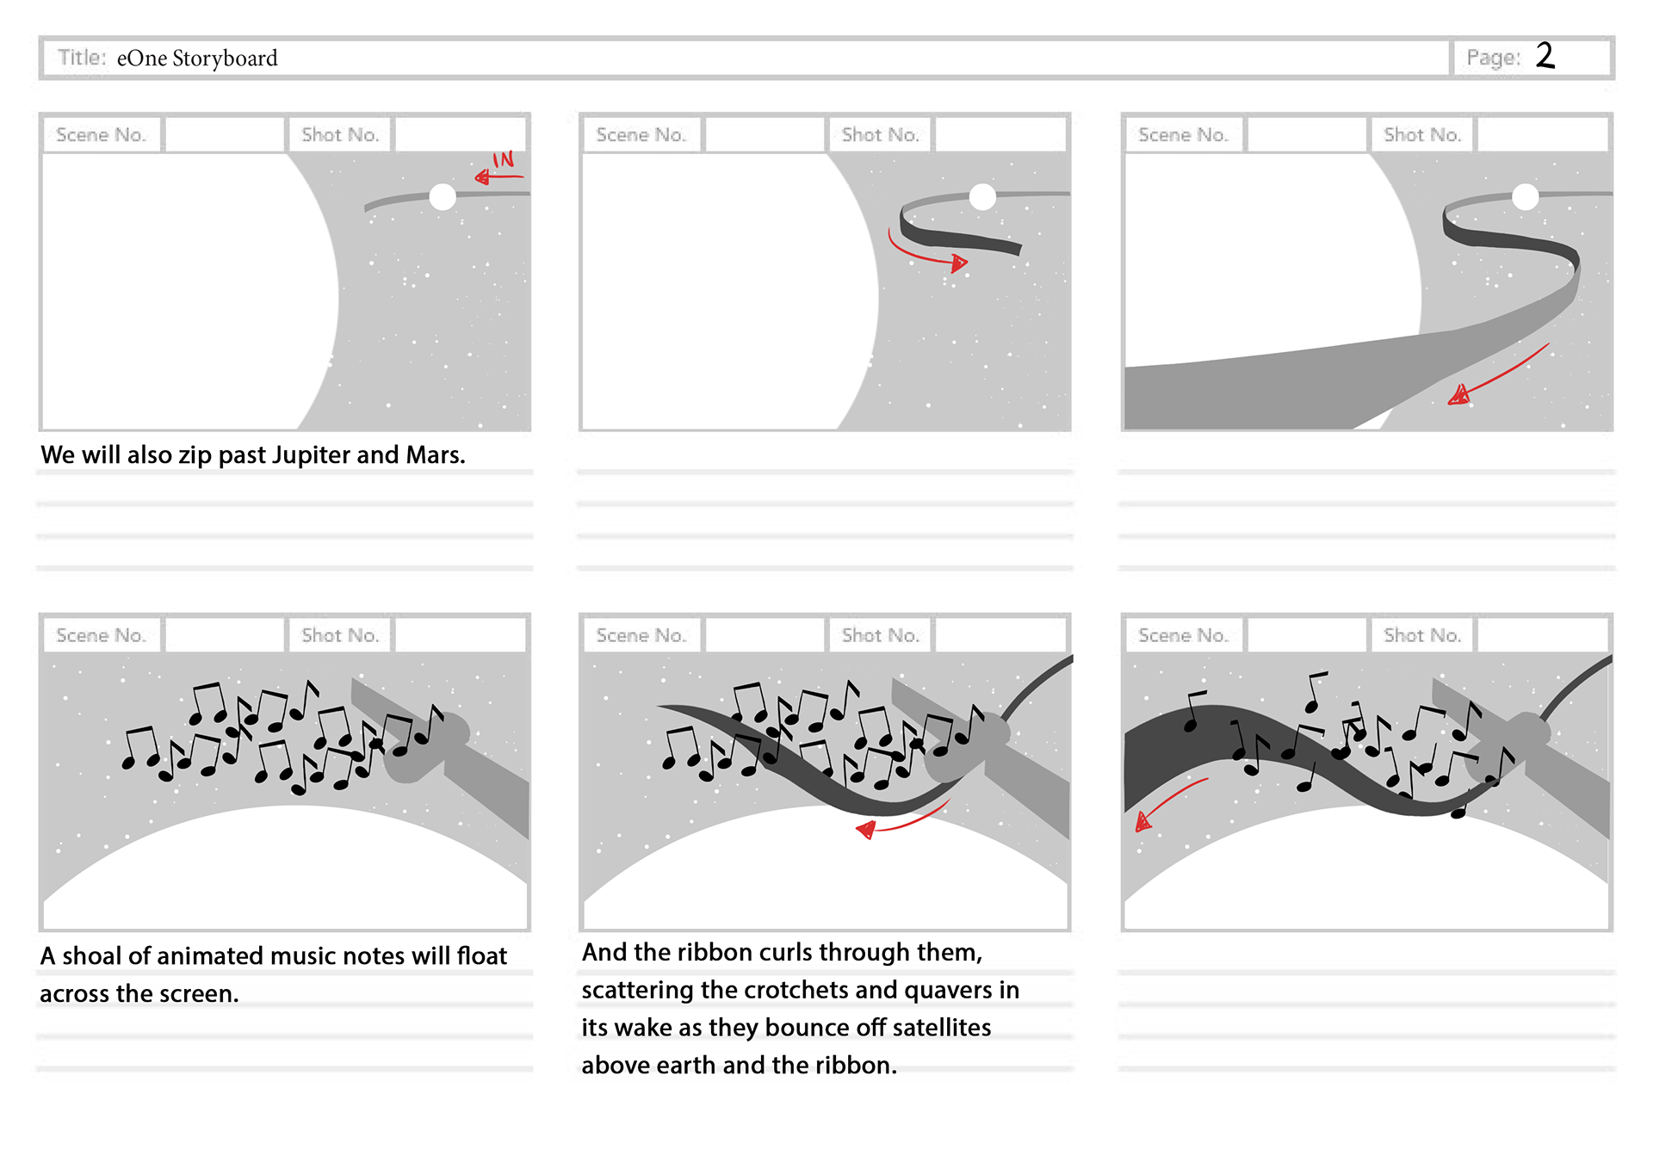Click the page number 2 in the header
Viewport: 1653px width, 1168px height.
coord(1545,56)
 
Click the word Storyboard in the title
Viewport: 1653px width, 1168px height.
coord(225,59)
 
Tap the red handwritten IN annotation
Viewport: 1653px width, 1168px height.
coord(504,160)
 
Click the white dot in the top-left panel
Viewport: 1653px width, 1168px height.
coord(443,197)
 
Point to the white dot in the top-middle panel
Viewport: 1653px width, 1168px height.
coord(982,197)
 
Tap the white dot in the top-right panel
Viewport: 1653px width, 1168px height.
coord(1525,197)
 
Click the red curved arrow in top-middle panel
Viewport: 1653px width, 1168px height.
coord(928,256)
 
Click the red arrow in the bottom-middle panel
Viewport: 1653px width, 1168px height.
coord(900,824)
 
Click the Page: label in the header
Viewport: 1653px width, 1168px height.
coord(1493,58)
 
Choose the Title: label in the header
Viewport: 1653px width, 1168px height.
coord(82,58)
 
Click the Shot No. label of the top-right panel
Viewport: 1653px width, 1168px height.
coord(1421,135)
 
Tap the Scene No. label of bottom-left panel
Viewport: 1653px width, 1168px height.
coord(101,635)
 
